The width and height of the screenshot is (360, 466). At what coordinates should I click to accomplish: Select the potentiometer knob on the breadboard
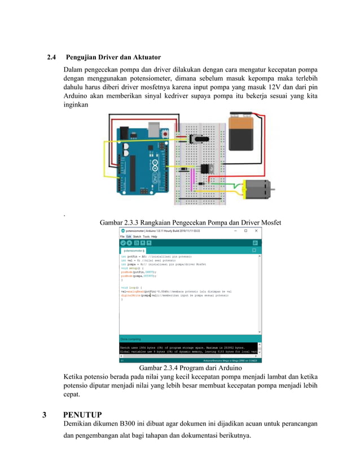199,140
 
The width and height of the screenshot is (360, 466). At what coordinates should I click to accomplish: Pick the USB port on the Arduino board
153,131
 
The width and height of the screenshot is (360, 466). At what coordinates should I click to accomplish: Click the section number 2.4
52,58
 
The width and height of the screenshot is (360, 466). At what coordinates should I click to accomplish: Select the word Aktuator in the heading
146,58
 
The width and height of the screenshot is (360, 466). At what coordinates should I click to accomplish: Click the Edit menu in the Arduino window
129,236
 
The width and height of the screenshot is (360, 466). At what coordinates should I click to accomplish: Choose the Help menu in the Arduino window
154,236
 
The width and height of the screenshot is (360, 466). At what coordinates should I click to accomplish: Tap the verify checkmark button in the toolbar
122,242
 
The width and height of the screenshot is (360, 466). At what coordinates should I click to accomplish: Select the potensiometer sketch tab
133,249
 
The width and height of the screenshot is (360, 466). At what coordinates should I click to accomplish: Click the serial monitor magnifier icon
255,242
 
